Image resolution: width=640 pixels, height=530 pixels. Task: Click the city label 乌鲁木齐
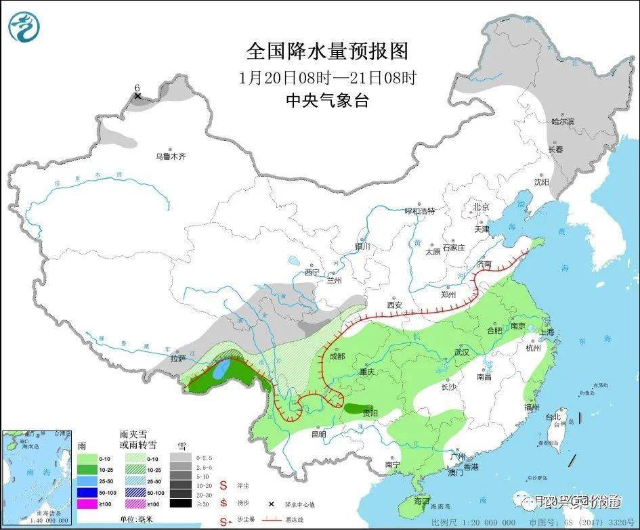tap(171, 156)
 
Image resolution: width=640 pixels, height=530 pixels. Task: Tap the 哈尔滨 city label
tap(562, 122)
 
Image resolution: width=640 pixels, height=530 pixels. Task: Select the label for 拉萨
tap(178, 359)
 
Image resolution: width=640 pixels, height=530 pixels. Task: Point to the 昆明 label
tap(318, 434)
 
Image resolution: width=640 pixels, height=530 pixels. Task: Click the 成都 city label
tap(337, 356)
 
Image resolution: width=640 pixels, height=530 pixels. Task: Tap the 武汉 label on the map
tap(461, 353)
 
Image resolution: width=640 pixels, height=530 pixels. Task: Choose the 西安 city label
tap(394, 305)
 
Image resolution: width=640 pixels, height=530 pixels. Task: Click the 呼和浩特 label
tap(419, 211)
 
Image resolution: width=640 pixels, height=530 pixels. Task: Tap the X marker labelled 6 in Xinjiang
tap(138, 96)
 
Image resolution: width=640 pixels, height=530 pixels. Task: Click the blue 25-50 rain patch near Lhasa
tap(221, 370)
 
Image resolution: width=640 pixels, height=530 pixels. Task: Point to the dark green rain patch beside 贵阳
tap(355, 409)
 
